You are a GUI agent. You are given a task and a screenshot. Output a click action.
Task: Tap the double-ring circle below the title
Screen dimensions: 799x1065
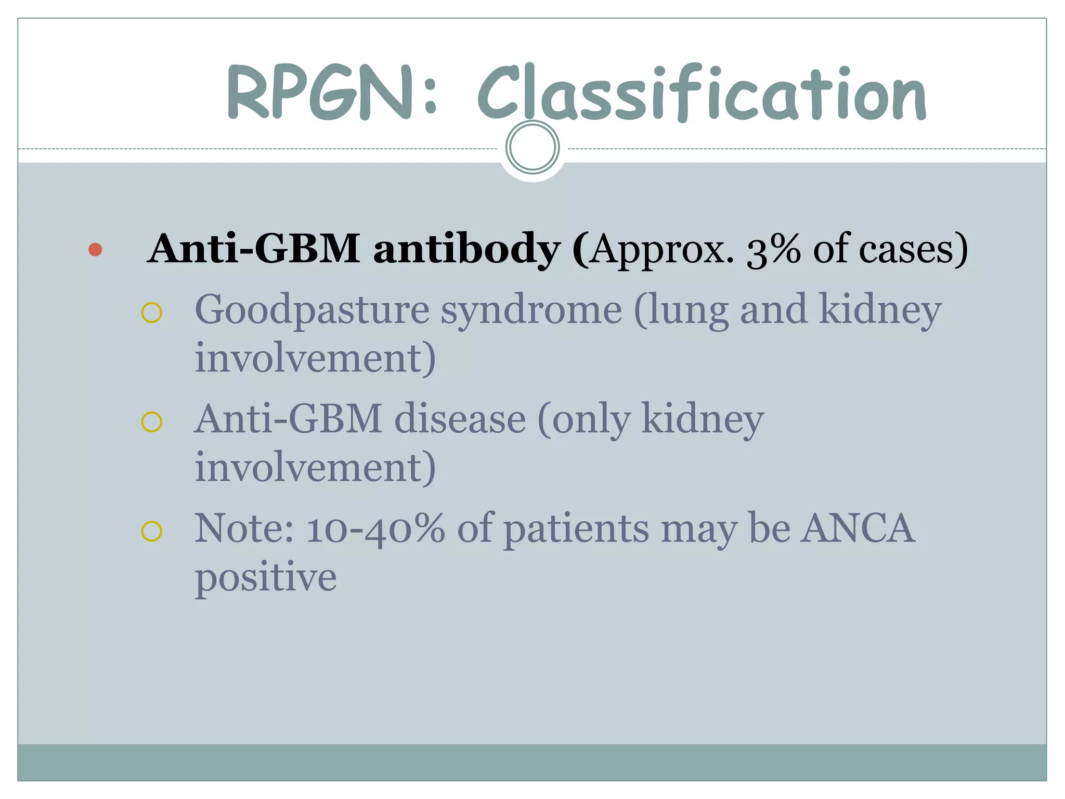tap(532, 147)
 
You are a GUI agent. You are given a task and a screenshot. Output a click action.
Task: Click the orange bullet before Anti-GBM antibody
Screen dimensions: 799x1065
tap(95, 250)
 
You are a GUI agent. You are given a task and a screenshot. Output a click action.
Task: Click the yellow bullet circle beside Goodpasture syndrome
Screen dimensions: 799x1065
tap(152, 313)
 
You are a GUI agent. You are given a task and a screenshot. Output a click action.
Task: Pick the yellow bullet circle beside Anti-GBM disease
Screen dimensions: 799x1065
tap(152, 422)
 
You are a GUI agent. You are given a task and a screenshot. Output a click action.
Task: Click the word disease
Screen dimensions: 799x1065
tap(460, 419)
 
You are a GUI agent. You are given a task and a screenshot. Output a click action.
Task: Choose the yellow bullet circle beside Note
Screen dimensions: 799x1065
tap(152, 531)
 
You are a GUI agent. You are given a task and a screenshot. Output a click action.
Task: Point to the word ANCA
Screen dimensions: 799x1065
tap(858, 529)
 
